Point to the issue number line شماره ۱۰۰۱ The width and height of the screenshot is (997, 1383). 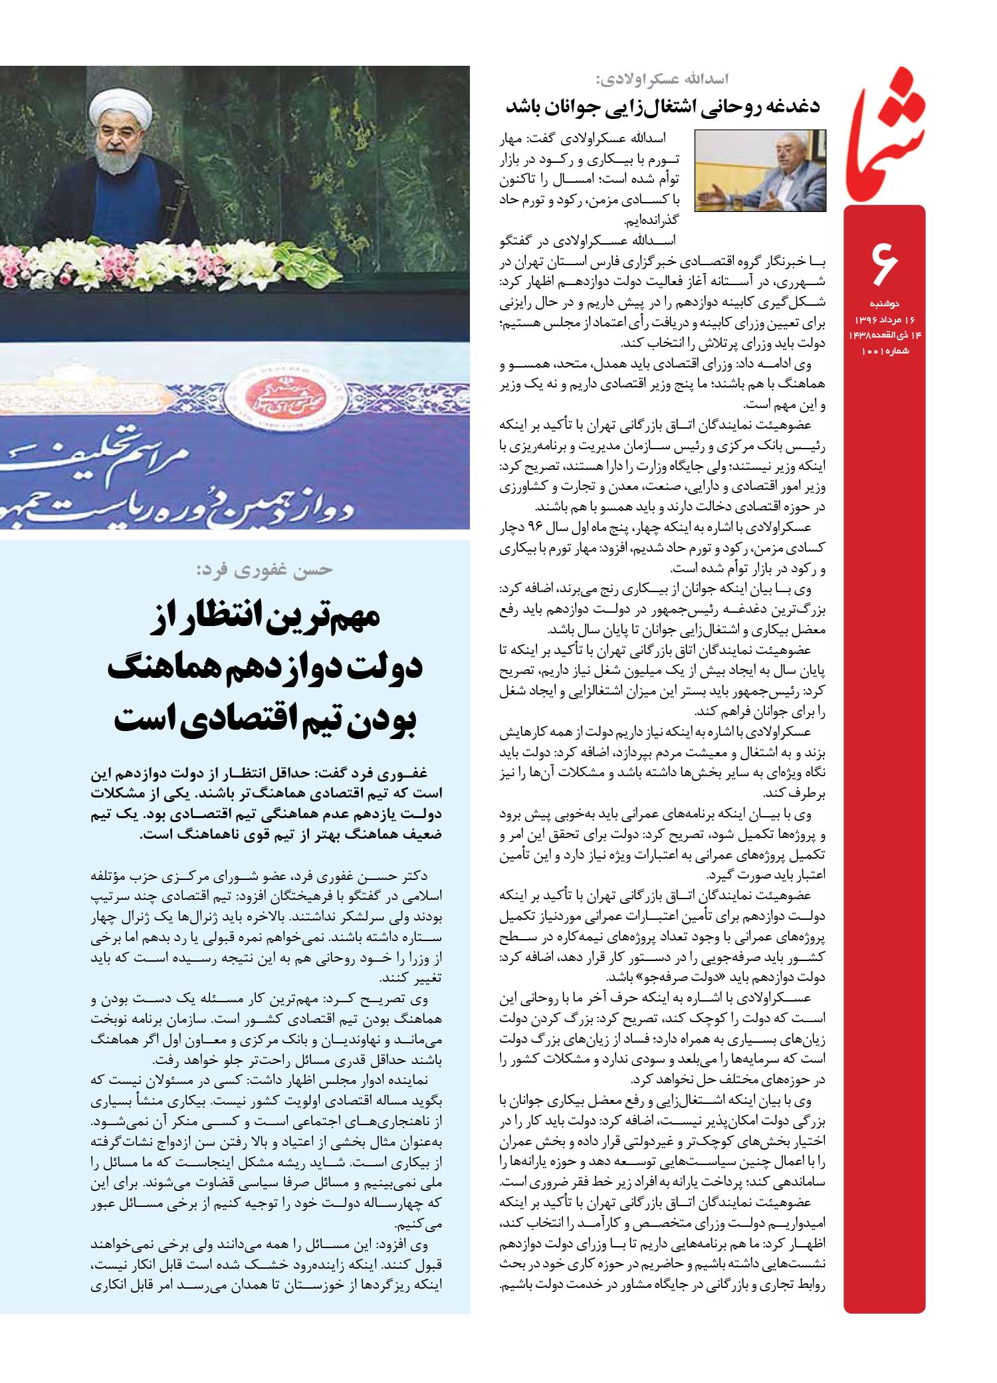tap(881, 350)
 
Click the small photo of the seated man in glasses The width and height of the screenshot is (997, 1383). tap(760, 171)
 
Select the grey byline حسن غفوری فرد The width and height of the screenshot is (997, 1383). tap(266, 570)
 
